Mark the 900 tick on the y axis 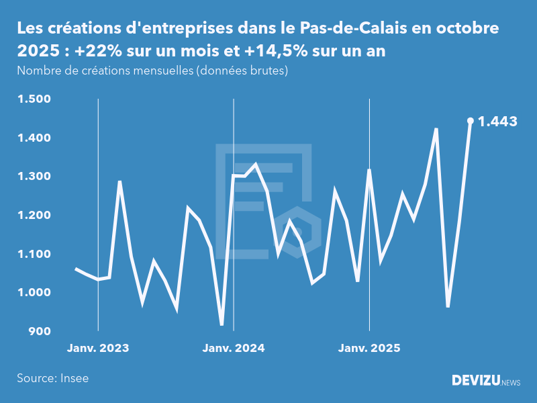(x=39, y=331)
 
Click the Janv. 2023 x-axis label (x=98, y=348)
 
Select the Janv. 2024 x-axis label (x=234, y=348)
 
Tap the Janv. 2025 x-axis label (x=369, y=348)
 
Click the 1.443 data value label (x=497, y=122)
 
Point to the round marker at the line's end (x=471, y=121)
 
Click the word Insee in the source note (x=74, y=378)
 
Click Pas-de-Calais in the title (x=342, y=29)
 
